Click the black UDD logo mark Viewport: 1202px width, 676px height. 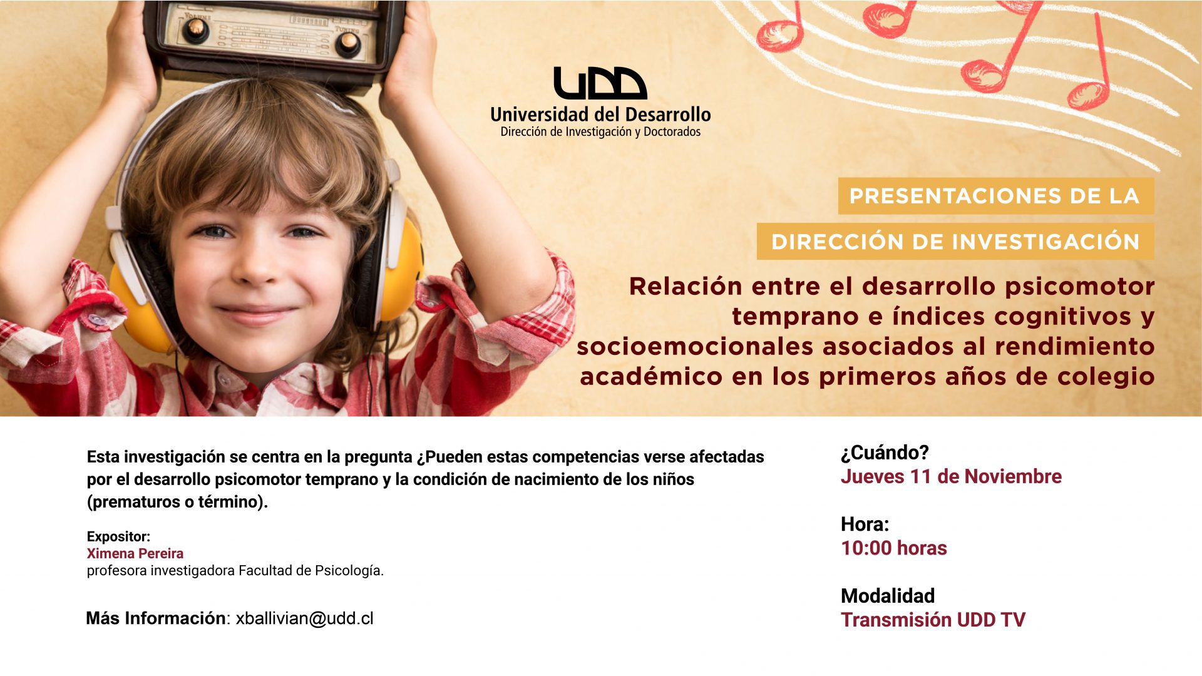point(600,83)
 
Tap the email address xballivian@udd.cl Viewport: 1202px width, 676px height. point(305,618)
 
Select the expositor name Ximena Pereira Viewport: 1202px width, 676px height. point(135,553)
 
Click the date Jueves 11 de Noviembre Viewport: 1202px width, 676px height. point(951,476)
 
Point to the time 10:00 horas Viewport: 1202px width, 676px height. point(894,548)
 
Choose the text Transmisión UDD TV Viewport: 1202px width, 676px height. point(933,620)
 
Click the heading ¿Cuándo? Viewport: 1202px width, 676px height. point(885,452)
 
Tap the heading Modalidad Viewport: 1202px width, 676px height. point(888,595)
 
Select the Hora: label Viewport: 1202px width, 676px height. point(865,524)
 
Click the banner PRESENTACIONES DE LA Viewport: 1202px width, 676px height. point(995,196)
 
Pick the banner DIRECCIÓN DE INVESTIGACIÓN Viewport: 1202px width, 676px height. point(955,242)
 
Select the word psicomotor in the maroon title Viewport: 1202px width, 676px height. point(1080,286)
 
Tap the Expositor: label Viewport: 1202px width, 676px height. point(118,536)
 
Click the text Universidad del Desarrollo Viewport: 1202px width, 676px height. point(600,115)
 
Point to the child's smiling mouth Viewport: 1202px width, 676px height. point(257,314)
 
